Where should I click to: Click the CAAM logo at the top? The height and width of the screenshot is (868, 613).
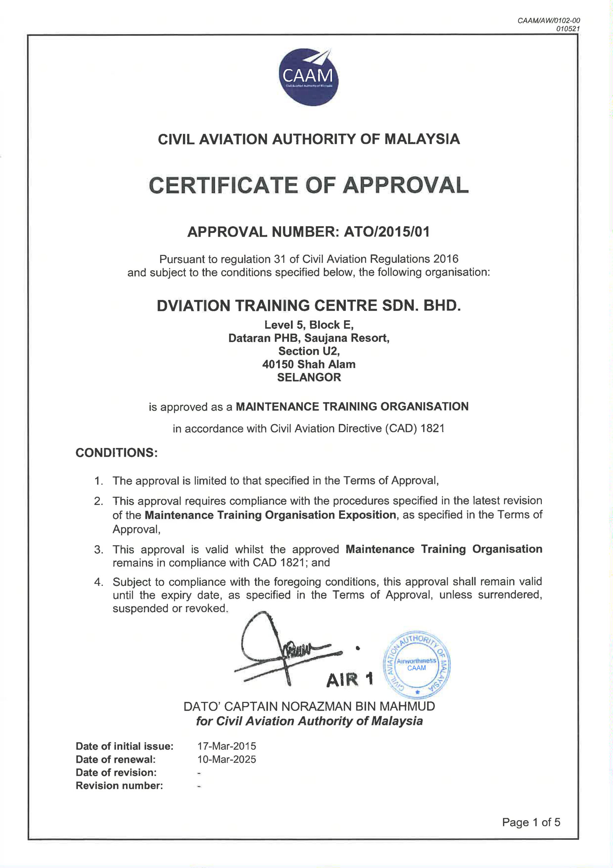[308, 77]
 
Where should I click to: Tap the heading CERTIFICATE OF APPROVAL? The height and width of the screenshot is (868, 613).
[309, 185]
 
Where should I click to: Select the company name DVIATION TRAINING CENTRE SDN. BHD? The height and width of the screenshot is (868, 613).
[309, 305]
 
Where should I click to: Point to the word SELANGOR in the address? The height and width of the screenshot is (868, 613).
[309, 377]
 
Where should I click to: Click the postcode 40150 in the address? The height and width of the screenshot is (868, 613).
[278, 364]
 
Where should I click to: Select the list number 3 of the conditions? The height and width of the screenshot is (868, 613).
[99, 549]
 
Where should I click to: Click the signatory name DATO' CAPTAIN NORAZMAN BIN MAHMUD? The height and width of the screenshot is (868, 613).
[309, 706]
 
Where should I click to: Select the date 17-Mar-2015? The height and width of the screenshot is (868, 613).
[227, 746]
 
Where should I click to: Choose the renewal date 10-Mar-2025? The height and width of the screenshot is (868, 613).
[227, 759]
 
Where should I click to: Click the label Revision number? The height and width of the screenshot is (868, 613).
[119, 786]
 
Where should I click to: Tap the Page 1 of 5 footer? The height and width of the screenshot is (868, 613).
[531, 822]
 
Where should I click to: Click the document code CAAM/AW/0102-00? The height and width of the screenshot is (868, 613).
[548, 21]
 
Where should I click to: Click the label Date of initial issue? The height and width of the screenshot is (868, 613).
[125, 746]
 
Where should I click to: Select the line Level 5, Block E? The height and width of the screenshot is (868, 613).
[309, 325]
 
